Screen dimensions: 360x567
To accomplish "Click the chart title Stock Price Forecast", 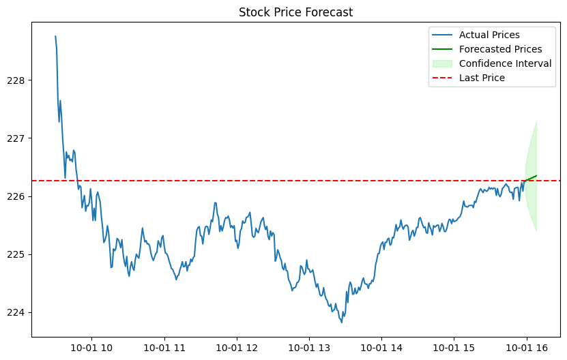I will click(x=295, y=12).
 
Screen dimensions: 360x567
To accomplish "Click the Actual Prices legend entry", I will click(x=489, y=35).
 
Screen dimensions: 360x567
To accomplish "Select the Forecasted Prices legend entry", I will click(x=500, y=49).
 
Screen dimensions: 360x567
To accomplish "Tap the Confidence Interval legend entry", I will click(x=505, y=63).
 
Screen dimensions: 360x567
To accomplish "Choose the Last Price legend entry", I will click(x=482, y=78).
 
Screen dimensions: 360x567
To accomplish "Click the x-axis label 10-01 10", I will click(x=91, y=347).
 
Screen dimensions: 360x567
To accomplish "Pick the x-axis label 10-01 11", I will click(x=164, y=347).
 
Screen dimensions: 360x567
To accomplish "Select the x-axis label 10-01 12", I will click(x=236, y=347).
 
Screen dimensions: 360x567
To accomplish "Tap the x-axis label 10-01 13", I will click(x=309, y=347).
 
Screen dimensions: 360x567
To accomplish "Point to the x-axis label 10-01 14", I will click(x=381, y=347).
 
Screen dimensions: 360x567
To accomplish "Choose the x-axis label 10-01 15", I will click(x=454, y=347).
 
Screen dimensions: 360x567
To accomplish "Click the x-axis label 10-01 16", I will click(x=526, y=347).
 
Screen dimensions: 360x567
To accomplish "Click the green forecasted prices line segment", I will click(x=531, y=178).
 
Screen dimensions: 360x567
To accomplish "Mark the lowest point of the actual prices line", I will click(x=341, y=322).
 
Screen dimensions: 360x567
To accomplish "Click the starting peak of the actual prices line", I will click(x=55, y=36).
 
